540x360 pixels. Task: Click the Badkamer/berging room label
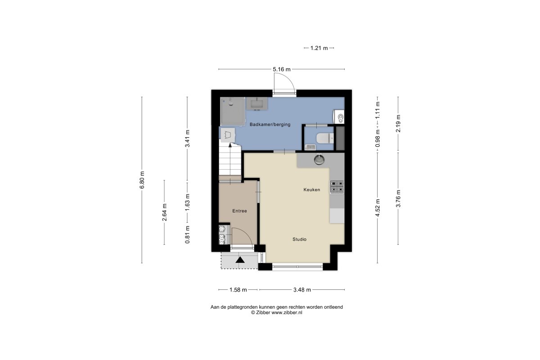pos(270,125)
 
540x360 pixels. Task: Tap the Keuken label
pos(312,190)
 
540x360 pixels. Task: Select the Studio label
pos(299,239)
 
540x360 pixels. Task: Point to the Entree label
pos(239,211)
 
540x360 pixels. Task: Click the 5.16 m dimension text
pos(282,69)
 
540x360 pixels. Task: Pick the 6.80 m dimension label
pos(142,180)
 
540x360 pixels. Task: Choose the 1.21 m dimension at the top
pos(319,48)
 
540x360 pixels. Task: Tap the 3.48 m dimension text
pos(302,290)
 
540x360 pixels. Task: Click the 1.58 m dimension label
pos(238,290)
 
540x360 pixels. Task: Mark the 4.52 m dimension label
pos(378,207)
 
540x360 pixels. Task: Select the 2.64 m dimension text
pos(164,212)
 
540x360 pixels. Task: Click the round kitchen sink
pos(319,160)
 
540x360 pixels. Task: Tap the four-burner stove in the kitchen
pos(337,187)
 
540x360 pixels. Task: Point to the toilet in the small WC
pos(325,139)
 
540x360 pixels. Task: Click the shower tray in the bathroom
pos(233,112)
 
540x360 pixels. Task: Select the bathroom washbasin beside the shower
pos(257,103)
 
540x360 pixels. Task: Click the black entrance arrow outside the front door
pos(240,260)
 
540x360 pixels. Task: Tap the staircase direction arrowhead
pos(230,145)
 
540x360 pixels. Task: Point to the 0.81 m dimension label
pos(188,234)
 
